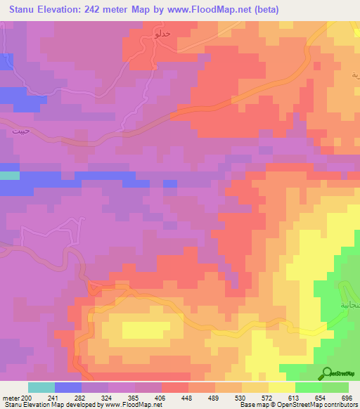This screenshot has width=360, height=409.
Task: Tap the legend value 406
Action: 162,398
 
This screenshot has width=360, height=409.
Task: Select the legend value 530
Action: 242,398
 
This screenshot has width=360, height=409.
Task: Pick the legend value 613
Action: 295,398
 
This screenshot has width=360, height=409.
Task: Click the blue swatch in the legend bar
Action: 68,387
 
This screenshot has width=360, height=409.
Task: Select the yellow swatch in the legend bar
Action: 282,387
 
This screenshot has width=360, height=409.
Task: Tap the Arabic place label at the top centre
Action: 142,33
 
